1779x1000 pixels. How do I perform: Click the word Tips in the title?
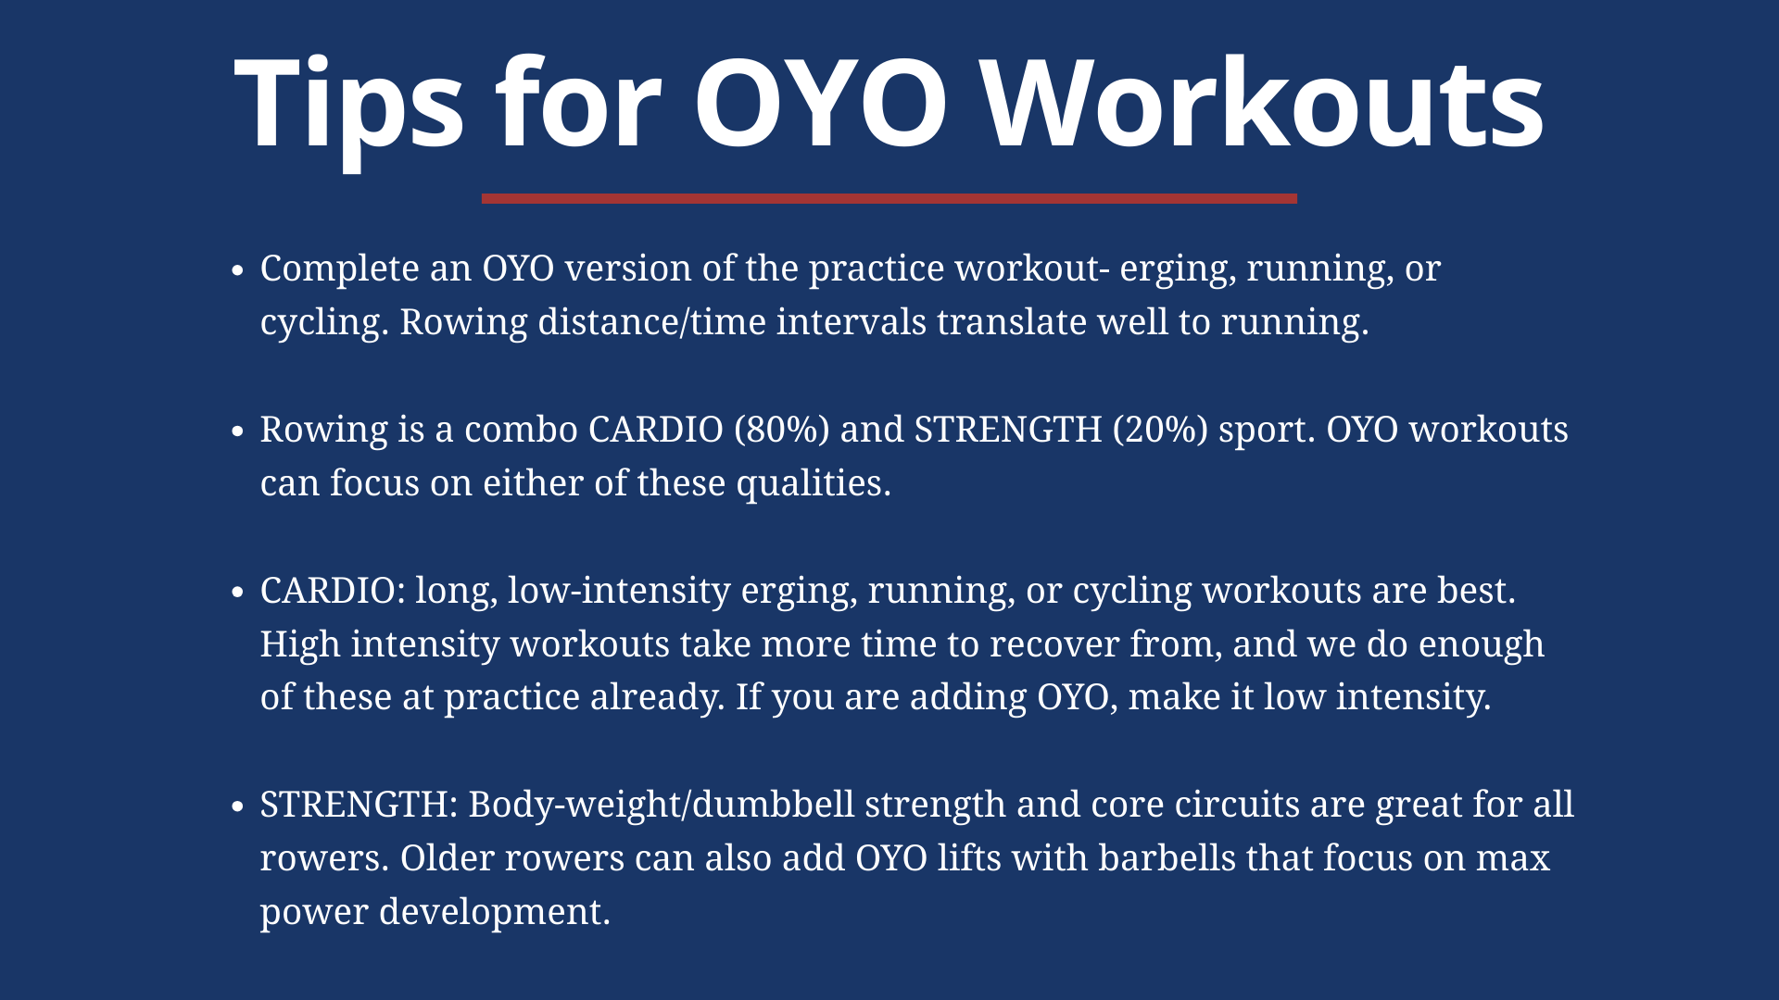tap(348, 104)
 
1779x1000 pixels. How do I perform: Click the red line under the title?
tap(889, 198)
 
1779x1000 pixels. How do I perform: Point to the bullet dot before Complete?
tap(238, 270)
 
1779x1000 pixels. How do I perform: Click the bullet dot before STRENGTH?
tap(238, 806)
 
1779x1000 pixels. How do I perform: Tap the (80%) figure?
tap(781, 430)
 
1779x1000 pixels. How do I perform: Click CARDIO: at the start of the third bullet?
tap(333, 591)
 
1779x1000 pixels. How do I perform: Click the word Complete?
tap(340, 269)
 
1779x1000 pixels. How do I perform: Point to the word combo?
tap(521, 430)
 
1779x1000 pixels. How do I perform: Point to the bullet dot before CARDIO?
tap(238, 593)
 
